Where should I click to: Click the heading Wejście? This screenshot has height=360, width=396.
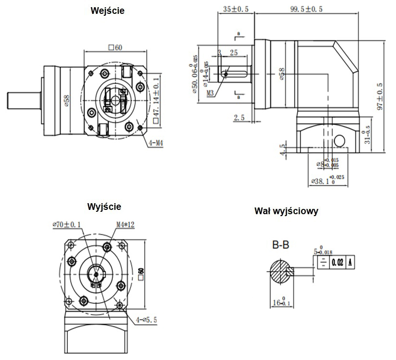(x=107, y=11)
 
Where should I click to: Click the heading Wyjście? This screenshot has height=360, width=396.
(x=104, y=207)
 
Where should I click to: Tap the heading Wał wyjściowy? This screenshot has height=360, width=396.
(x=287, y=211)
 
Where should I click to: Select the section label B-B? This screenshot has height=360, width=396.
(x=281, y=245)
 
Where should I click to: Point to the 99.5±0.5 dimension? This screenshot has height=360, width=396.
(x=306, y=8)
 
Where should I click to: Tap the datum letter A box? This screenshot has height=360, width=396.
(x=351, y=262)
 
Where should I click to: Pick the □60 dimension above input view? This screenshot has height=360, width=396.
(x=116, y=47)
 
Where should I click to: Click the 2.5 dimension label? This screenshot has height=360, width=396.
(x=239, y=117)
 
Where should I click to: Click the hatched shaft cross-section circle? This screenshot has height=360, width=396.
(x=279, y=271)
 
